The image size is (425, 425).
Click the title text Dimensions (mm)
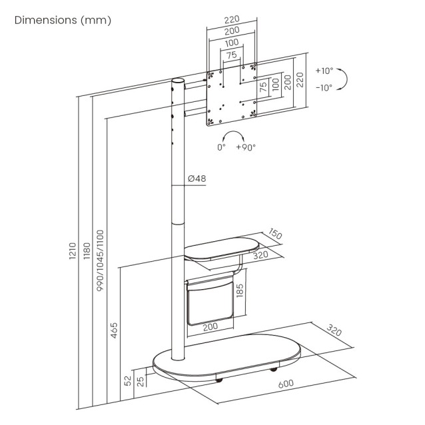click(63, 20)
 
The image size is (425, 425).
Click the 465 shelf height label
click(114, 330)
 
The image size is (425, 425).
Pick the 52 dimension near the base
click(127, 382)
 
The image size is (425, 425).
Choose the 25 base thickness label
click(141, 382)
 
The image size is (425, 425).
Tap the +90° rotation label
click(245, 147)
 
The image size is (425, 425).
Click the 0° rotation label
click(221, 147)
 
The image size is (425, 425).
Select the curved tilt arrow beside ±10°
click(345, 79)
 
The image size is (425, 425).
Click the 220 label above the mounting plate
click(231, 21)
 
